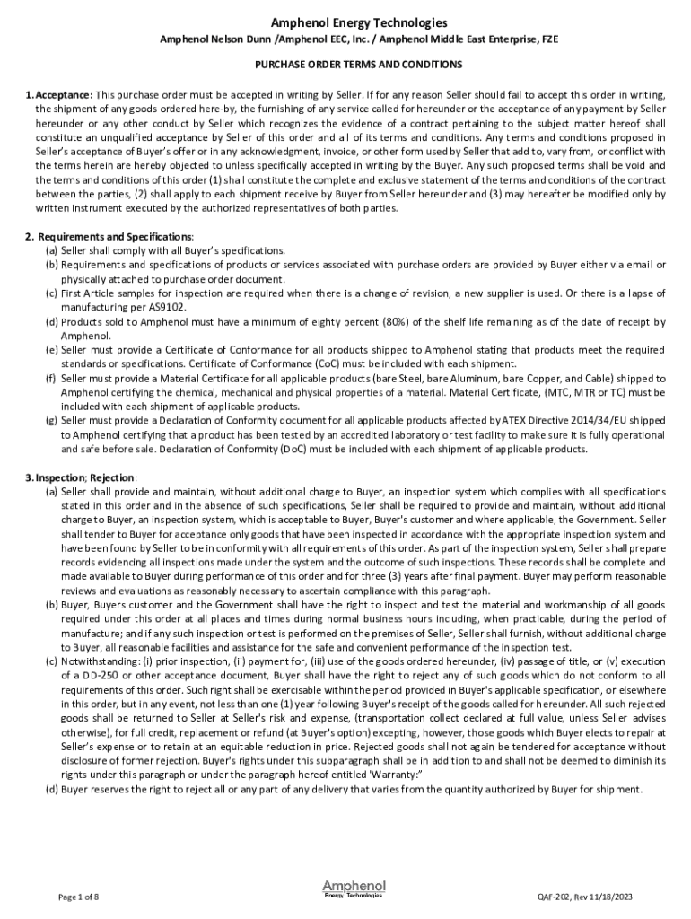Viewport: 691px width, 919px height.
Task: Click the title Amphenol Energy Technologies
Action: (x=345, y=22)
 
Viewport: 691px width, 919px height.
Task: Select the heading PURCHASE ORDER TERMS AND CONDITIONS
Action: (x=345, y=65)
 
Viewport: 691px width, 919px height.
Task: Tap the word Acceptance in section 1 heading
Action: (x=64, y=95)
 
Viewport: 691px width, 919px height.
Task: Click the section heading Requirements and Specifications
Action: (x=108, y=236)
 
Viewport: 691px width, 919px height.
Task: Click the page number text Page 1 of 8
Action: (x=78, y=897)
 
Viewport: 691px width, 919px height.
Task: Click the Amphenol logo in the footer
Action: (x=353, y=889)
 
